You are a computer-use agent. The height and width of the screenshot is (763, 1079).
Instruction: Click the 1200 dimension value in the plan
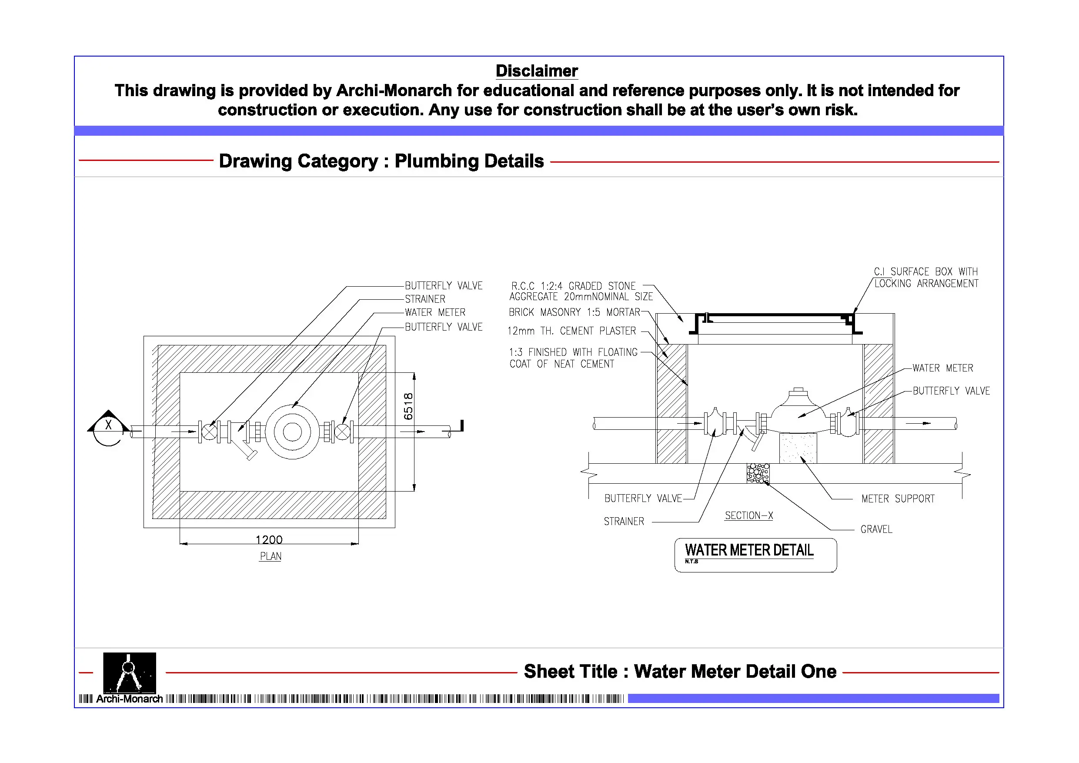(x=269, y=539)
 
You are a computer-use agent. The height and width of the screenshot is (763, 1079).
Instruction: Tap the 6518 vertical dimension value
(x=408, y=406)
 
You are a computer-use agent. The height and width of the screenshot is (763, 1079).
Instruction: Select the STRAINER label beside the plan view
(x=425, y=299)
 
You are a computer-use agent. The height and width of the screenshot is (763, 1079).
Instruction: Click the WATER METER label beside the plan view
(x=435, y=313)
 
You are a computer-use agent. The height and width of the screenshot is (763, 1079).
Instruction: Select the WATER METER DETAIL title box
(x=755, y=555)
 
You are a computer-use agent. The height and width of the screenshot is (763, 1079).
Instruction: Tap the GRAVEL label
(x=876, y=529)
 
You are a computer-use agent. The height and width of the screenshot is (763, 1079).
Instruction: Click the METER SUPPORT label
(x=898, y=499)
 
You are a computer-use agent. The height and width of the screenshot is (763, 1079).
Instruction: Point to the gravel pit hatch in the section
(x=758, y=473)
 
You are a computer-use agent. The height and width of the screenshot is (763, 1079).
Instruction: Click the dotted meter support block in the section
(x=798, y=448)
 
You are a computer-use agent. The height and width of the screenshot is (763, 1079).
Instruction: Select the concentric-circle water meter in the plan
(x=292, y=432)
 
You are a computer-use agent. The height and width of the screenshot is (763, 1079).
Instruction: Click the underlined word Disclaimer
(x=537, y=71)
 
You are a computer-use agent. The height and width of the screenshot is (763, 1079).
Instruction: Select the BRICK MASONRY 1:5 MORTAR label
(x=574, y=313)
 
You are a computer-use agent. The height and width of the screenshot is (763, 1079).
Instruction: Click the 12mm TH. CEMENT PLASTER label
(x=571, y=331)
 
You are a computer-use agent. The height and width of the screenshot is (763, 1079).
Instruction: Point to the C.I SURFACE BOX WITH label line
(x=925, y=272)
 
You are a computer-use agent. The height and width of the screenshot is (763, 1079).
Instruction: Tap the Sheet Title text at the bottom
(x=680, y=671)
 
